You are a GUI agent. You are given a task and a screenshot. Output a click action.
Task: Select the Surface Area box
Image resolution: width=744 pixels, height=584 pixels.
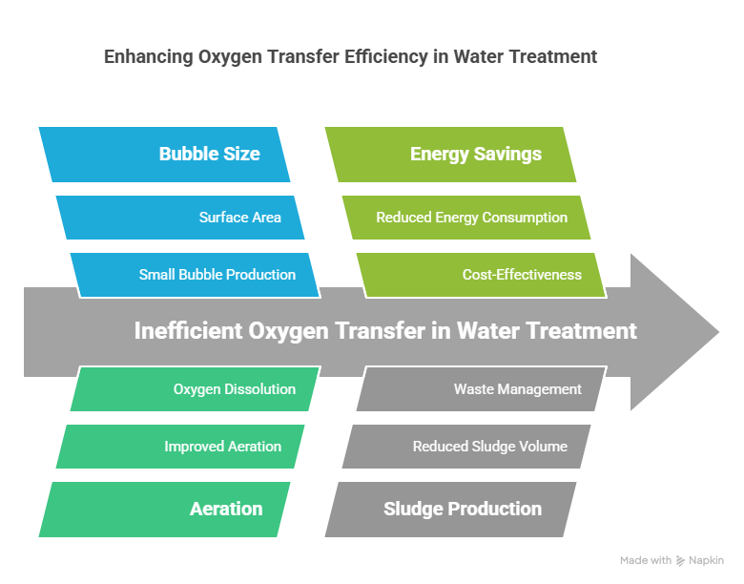click(181, 218)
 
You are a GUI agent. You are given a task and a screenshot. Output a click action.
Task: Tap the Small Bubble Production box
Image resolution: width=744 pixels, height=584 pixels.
click(196, 275)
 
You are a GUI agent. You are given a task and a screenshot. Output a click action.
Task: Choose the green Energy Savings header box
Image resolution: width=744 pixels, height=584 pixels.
click(451, 154)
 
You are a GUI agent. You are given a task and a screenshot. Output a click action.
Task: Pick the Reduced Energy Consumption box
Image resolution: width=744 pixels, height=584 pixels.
click(466, 218)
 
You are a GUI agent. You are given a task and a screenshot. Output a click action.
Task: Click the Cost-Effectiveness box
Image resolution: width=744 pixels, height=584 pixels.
click(482, 275)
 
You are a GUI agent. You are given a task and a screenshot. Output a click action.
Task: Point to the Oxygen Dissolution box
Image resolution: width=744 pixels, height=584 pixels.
click(196, 388)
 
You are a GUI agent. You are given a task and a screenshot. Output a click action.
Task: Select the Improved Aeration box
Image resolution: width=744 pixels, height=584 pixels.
click(181, 446)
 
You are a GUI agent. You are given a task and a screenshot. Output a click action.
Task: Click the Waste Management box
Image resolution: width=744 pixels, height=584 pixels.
click(482, 388)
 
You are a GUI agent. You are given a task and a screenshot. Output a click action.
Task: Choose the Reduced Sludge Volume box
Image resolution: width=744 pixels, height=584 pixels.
click(466, 446)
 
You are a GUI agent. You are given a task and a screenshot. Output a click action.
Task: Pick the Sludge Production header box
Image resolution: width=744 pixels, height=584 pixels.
click(451, 509)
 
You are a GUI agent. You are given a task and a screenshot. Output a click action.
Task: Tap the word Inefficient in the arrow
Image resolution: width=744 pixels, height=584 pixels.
click(187, 331)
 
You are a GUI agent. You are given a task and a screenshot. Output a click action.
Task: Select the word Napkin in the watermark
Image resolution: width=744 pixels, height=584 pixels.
click(707, 560)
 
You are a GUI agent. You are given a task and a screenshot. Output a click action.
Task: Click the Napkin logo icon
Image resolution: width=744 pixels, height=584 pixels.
click(680, 561)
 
